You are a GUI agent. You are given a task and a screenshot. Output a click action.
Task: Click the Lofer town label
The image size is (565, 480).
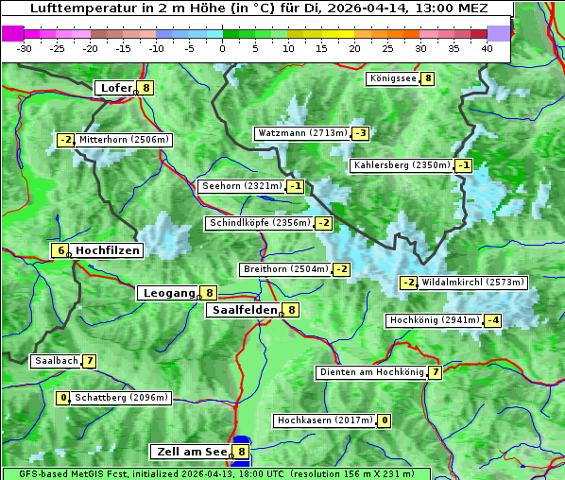pos(115,88)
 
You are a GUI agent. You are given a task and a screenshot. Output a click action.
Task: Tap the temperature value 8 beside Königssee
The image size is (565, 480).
pos(428,78)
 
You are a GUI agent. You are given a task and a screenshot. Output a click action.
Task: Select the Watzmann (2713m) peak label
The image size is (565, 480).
pos(301,133)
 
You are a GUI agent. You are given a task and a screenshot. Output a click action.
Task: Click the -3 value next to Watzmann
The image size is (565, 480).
pos(360,133)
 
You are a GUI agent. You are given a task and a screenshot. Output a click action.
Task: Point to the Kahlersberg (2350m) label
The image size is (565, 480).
pos(402,165)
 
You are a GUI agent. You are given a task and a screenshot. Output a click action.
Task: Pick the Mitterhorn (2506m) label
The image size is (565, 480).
pos(124,140)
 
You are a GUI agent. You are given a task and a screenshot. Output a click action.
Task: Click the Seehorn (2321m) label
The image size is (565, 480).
pos(242,186)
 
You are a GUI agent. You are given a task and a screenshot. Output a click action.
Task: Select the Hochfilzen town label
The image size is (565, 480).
pos(108,250)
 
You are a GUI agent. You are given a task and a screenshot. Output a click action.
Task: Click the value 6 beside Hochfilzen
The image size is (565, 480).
pos(60,250)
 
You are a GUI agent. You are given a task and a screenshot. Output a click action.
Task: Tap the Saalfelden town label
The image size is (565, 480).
pos(244,309)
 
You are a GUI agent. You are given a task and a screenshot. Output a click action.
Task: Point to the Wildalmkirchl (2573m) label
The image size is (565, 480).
pos(472,283)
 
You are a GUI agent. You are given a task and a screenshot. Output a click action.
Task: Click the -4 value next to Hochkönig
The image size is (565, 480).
pos(492,320)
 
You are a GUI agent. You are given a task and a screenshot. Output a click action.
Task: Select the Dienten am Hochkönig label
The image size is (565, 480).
pos(370,372)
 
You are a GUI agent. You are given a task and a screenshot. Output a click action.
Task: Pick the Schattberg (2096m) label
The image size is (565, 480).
pos(121,398)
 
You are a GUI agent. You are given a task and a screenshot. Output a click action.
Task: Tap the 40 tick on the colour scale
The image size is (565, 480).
pos(486,48)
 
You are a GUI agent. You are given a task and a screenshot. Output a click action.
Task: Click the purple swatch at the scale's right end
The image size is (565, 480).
pos(498,33)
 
